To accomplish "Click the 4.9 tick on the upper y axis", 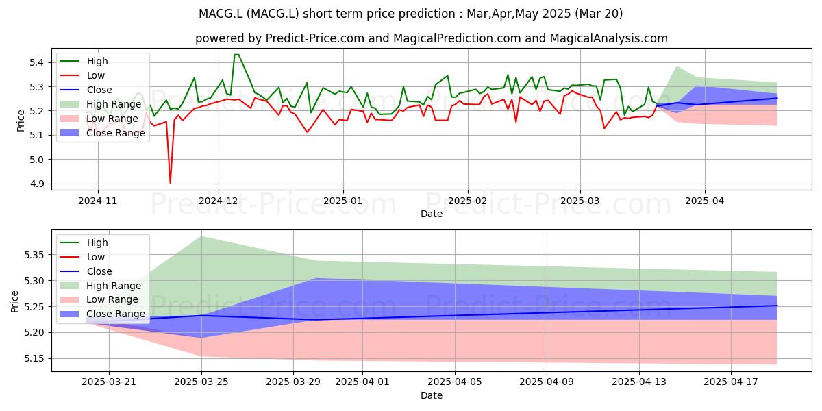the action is tap(36, 184).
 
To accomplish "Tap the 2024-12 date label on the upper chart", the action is tap(219, 201).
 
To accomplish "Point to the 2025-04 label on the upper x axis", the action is tap(705, 201).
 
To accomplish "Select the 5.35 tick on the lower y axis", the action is tap(34, 255).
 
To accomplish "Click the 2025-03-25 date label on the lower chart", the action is tap(201, 382).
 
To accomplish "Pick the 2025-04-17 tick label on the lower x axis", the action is tap(731, 382).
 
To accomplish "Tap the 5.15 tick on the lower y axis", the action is tap(34, 358).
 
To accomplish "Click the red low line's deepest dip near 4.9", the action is tap(170, 183).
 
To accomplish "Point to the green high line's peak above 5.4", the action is tap(237, 55).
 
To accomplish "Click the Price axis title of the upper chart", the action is tap(21, 121).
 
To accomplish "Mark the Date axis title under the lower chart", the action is tap(432, 396).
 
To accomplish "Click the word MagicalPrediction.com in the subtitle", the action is tap(457, 38).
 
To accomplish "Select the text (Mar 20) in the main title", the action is tap(599, 14).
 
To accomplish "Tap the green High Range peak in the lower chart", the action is tap(201, 237).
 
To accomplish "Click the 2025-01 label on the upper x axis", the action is tap(342, 201).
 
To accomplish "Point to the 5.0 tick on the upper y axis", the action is tap(36, 160).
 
